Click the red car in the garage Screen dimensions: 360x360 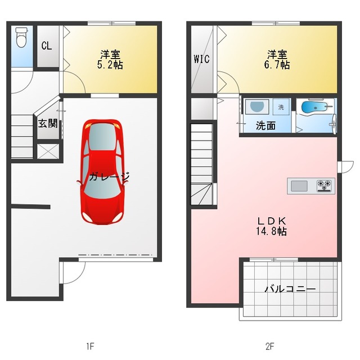(102, 172)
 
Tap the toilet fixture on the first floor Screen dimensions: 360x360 (21, 37)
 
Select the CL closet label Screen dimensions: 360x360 (47, 46)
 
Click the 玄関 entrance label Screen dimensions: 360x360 (47, 124)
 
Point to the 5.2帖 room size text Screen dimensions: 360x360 (110, 65)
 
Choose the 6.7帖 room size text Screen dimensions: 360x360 (277, 65)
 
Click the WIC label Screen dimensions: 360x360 (201, 59)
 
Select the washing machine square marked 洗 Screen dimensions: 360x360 (281, 107)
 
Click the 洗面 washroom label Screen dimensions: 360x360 (265, 126)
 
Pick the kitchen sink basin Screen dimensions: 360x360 (299, 186)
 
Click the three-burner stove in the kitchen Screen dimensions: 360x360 (324, 186)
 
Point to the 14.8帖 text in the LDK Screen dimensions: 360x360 (271, 231)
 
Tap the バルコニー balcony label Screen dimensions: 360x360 (290, 289)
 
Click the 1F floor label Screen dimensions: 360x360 (90, 346)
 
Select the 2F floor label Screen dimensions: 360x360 (270, 346)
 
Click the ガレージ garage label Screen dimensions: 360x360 (109, 176)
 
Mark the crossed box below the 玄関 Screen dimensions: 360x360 (48, 151)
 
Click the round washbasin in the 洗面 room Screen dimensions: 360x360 (257, 106)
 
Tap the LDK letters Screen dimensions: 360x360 (272, 221)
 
